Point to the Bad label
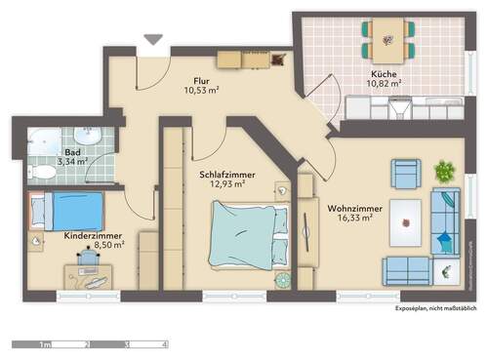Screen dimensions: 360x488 tap(72, 153)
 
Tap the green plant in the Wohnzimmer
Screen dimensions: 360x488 tap(444, 172)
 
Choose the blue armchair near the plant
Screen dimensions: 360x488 tap(406, 174)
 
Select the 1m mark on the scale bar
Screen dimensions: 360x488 tap(45, 344)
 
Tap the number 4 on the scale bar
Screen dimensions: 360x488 tap(164, 344)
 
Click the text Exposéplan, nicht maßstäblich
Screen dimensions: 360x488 tap(435, 307)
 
